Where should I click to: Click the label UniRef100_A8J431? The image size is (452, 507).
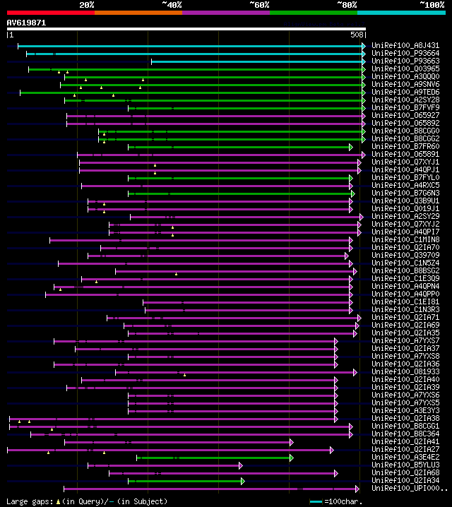coord(405,45)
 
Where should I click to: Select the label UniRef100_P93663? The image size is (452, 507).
coord(405,61)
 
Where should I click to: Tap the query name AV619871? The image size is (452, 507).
coord(26,23)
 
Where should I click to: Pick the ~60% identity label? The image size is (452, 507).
coord(259,4)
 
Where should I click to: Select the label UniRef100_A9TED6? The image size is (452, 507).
coord(405,92)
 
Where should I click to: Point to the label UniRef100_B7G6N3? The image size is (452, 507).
coord(405,193)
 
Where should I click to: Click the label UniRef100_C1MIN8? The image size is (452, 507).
coord(405,239)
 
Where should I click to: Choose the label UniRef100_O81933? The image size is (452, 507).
coord(405,371)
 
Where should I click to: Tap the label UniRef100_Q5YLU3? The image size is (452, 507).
coord(405,465)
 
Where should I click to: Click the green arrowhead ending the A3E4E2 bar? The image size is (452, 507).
coord(291,458)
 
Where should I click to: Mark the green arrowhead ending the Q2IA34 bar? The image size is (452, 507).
coord(242,481)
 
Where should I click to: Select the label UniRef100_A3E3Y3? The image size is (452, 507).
coord(405,410)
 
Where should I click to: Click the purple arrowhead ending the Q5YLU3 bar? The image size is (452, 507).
coord(240,465)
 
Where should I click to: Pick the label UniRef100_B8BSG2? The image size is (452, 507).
coord(405,270)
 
